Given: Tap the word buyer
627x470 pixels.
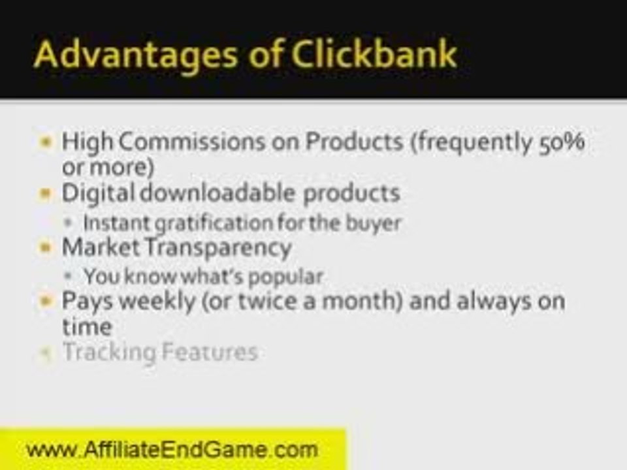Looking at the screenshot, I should pos(374,223).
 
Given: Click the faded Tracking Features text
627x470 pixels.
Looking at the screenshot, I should pos(159,352).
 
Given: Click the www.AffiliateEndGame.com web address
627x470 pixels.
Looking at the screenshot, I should pos(172,449).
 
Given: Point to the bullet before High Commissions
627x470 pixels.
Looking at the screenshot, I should pos(45,142).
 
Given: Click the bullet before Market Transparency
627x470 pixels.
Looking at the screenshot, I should pos(45,248).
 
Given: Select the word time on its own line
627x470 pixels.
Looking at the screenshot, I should pos(86,326).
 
